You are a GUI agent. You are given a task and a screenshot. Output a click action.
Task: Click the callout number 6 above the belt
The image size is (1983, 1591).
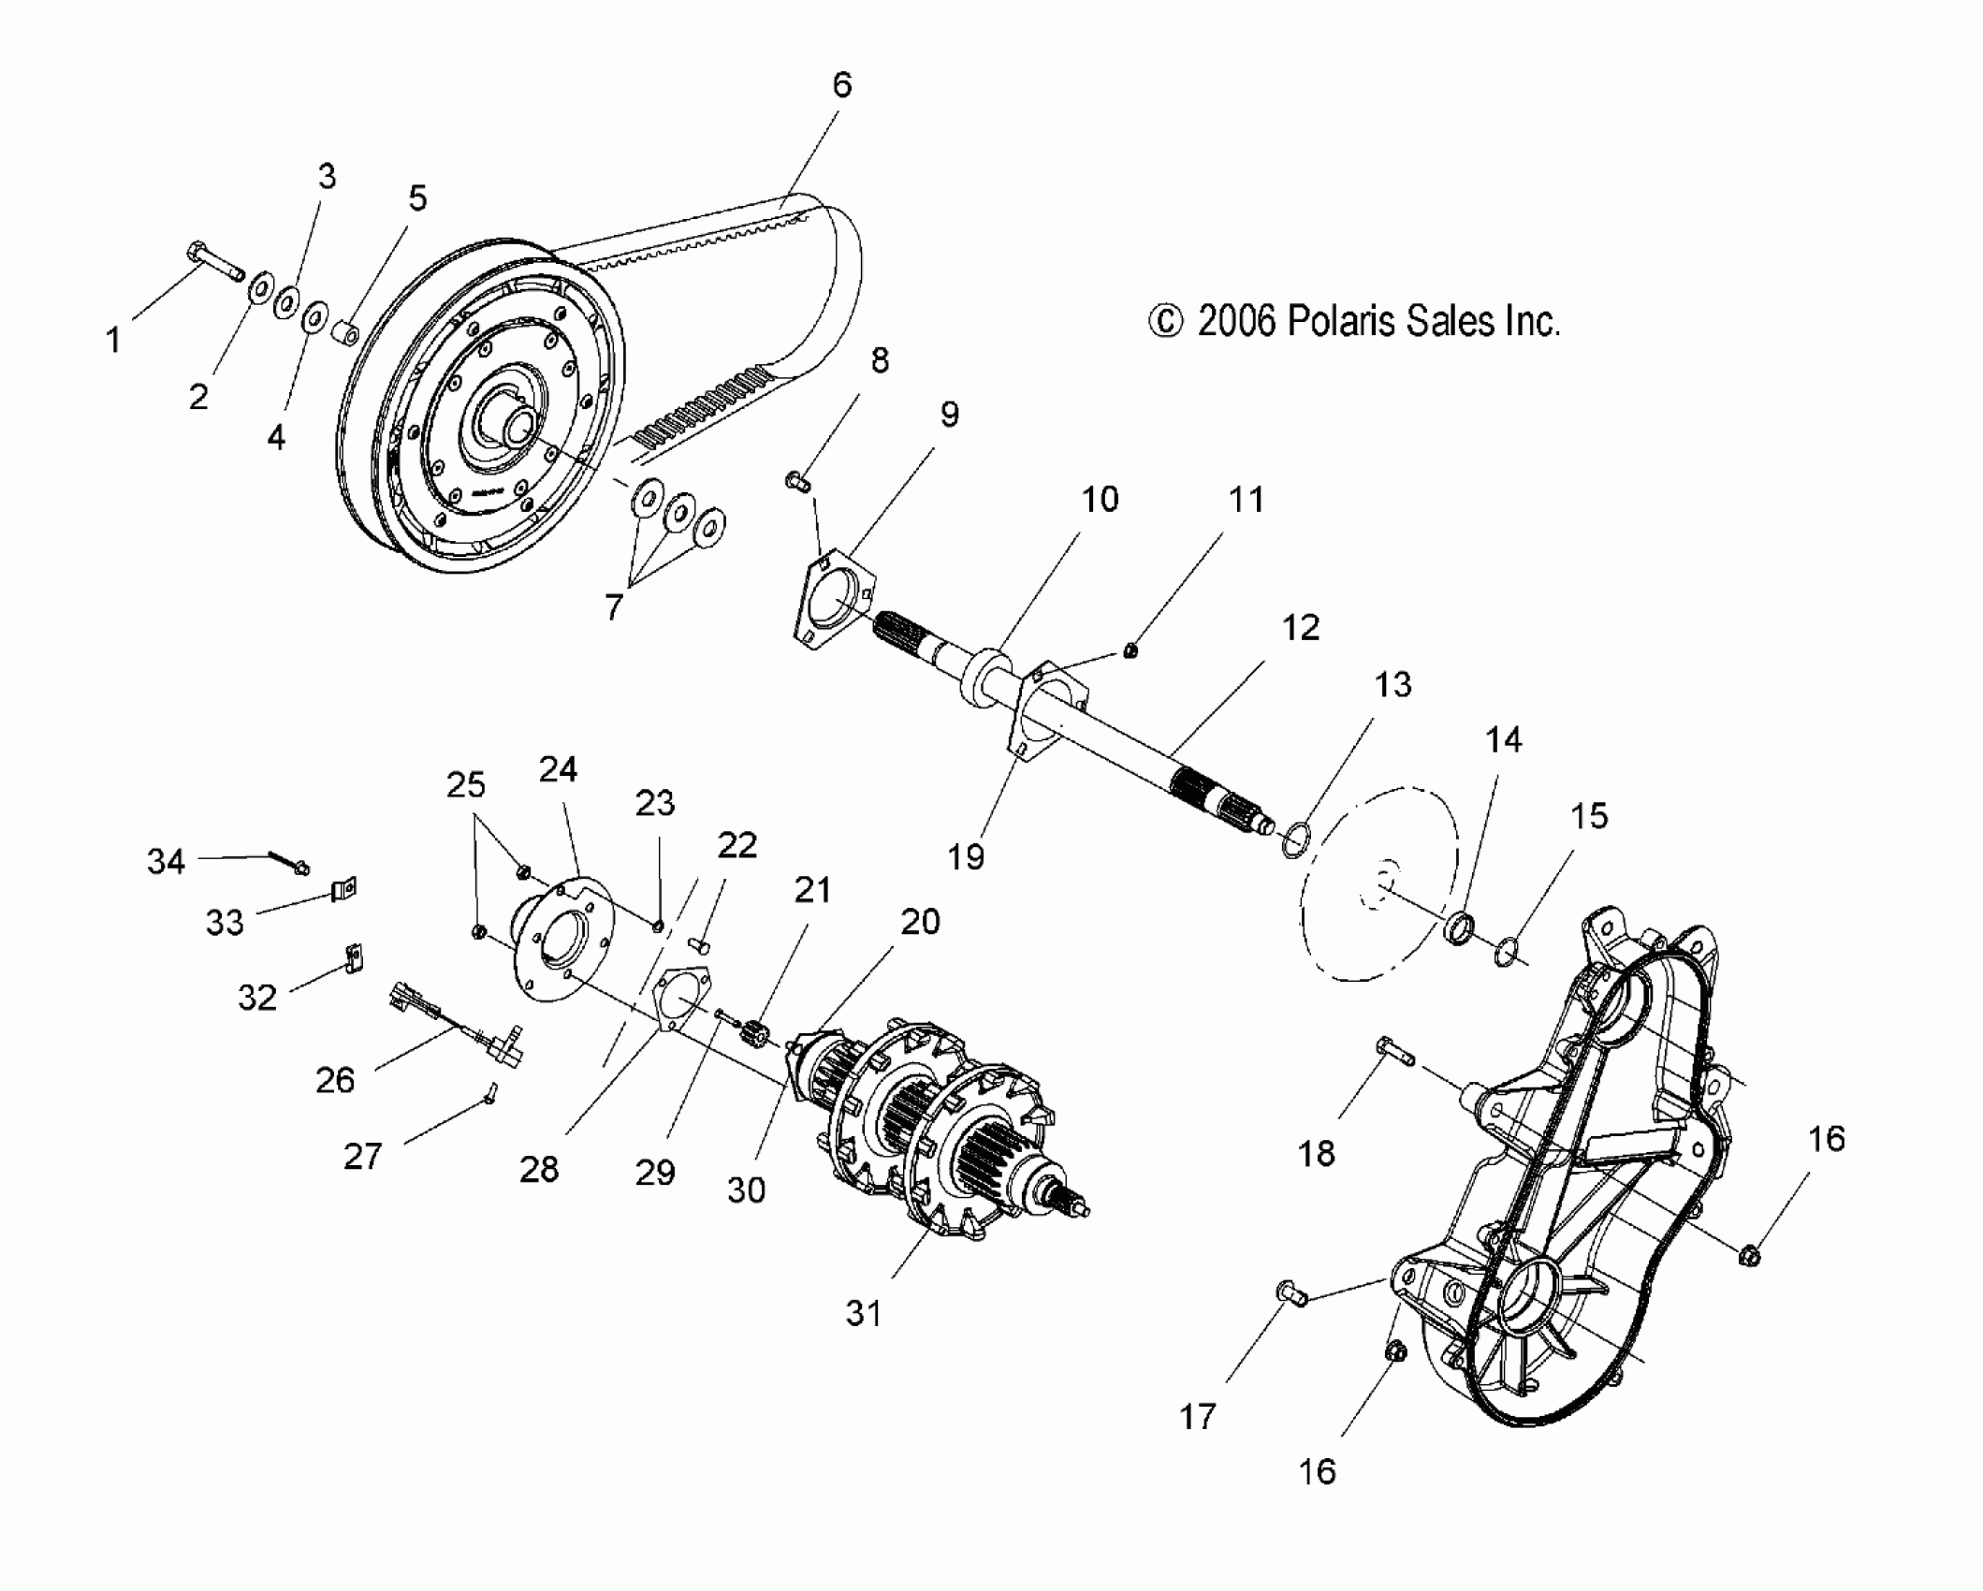[841, 85]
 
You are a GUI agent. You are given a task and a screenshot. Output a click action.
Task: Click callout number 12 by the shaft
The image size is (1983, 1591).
[1300, 628]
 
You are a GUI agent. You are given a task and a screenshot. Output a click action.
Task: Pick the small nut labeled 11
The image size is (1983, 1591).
[1130, 650]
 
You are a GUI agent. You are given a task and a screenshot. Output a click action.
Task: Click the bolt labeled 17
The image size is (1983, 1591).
[1290, 1294]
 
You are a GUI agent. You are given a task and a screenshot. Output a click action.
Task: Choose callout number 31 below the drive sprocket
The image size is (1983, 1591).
[863, 1313]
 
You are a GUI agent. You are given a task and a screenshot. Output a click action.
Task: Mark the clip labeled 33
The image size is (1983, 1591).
[343, 888]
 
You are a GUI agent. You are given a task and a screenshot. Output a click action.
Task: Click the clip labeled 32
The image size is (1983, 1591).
[353, 957]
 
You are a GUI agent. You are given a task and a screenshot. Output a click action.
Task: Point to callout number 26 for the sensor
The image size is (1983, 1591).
[335, 1080]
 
